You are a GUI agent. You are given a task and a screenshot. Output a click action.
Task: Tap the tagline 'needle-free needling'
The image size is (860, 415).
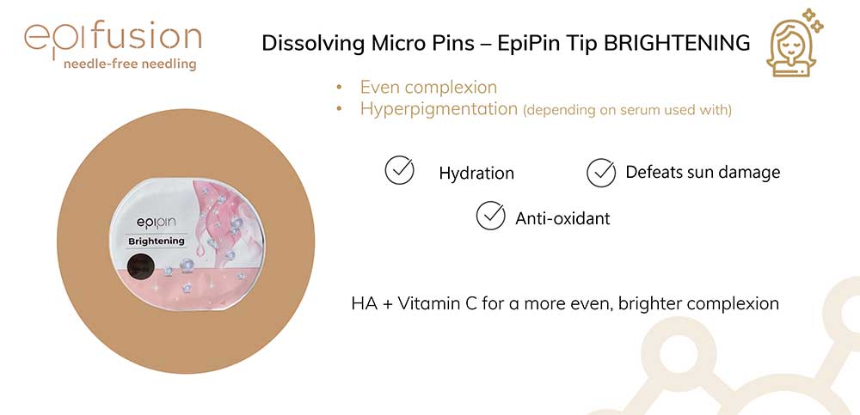[130, 64]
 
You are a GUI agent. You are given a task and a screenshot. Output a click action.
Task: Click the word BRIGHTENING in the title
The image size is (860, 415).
[677, 43]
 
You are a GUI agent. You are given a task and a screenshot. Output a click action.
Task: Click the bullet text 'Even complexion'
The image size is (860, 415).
[428, 87]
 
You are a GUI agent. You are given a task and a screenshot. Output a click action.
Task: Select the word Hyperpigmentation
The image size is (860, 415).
[439, 109]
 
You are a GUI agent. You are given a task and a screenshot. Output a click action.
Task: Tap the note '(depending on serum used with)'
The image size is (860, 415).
[628, 110]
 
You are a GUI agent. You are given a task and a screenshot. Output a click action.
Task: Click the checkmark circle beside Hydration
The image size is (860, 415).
[399, 170]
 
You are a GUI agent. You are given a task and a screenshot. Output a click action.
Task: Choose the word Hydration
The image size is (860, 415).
[476, 174]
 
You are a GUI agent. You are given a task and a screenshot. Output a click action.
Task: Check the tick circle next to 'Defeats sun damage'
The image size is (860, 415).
[601, 173]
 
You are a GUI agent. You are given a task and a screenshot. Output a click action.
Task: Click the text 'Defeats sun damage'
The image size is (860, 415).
[703, 172]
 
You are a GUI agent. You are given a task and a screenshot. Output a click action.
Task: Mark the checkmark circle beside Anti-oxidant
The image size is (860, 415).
[491, 216]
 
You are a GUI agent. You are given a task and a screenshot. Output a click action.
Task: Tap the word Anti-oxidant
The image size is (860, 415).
[562, 218]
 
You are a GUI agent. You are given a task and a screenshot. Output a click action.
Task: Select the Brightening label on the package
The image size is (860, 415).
[157, 241]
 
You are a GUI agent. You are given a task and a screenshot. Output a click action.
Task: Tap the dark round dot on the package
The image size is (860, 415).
[142, 267]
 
